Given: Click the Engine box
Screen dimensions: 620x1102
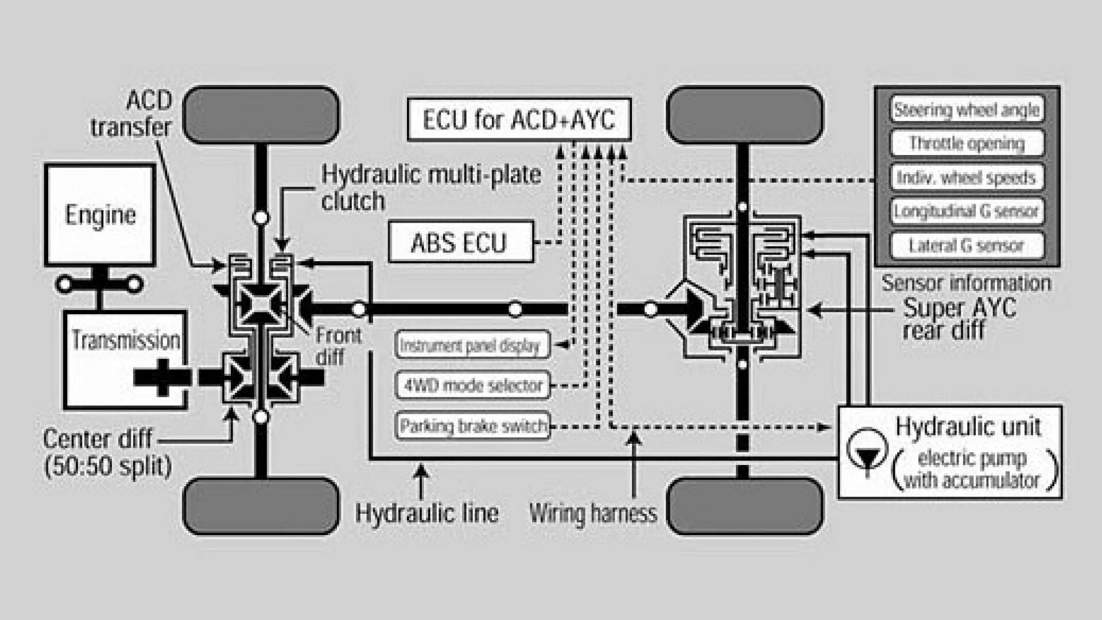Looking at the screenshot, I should tap(100, 215).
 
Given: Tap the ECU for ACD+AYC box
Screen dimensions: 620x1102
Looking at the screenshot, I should tap(519, 120).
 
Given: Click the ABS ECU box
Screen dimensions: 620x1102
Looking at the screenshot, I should tap(461, 242).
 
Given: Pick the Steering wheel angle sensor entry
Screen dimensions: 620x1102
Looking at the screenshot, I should tap(967, 110).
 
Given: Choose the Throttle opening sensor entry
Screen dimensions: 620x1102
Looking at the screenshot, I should tap(967, 144).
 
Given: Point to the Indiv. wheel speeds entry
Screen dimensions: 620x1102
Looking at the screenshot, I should tap(967, 177).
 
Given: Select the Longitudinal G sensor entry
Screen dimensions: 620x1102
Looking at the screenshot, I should tap(967, 211).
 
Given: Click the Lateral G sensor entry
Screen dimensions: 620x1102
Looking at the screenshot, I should tap(967, 246).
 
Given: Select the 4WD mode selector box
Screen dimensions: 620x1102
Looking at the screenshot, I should tap(472, 385).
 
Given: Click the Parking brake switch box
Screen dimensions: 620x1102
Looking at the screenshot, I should tap(472, 426).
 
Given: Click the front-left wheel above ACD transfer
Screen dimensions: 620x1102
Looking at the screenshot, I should tap(261, 115).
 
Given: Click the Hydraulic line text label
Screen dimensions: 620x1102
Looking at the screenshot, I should tap(427, 513).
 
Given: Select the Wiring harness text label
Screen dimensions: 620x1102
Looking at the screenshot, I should tap(593, 513).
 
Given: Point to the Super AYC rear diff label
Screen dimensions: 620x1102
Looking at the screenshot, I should tap(959, 319).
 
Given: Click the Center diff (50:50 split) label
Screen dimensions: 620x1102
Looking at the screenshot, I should tap(106, 452).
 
